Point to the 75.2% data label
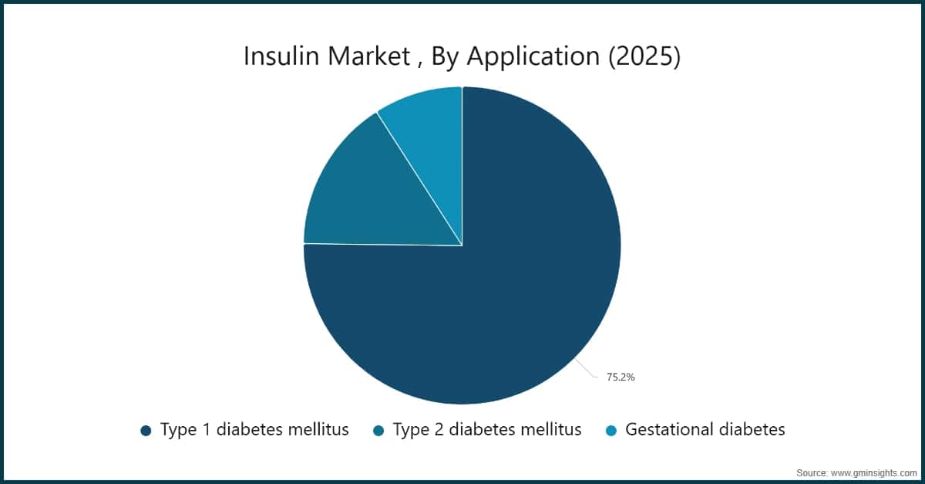point(620,377)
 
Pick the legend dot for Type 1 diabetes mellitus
point(146,430)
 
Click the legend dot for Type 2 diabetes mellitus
point(378,430)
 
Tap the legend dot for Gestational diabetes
point(611,430)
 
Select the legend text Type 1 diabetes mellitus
point(254,430)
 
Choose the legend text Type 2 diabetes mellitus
point(487,430)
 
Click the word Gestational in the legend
point(670,430)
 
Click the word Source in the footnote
point(812,472)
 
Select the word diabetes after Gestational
point(752,430)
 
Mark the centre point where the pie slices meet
point(462,245)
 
